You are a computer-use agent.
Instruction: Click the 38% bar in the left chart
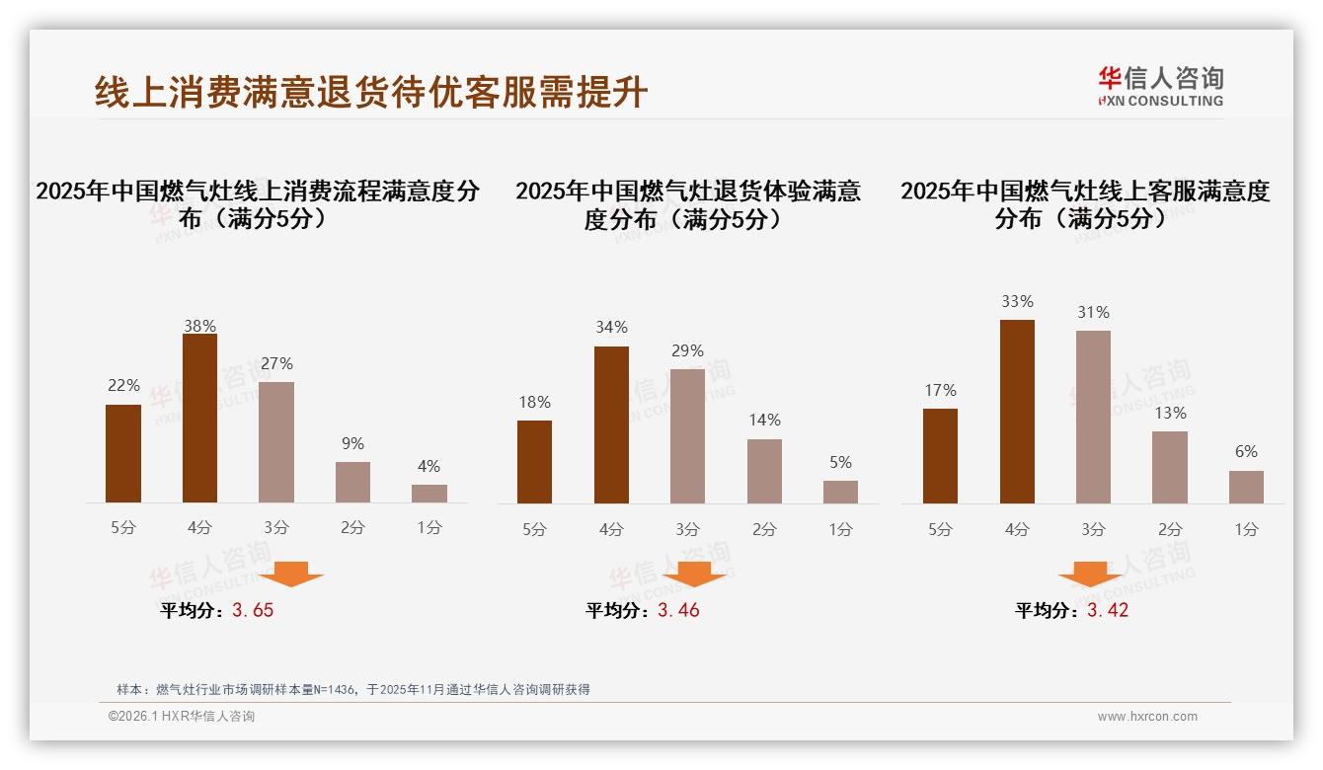pyautogui.click(x=199, y=419)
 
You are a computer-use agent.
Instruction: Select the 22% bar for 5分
pyautogui.click(x=123, y=454)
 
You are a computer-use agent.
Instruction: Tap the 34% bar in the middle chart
pyautogui.click(x=611, y=424)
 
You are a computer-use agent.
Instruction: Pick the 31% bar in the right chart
pyautogui.click(x=1093, y=417)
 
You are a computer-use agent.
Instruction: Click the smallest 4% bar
pyautogui.click(x=429, y=494)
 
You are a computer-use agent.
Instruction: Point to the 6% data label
pyautogui.click(x=1246, y=451)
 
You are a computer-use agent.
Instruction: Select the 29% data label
pyautogui.click(x=687, y=350)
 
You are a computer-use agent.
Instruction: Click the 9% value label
pyautogui.click(x=352, y=443)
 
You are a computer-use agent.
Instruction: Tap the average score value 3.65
pyautogui.click(x=253, y=610)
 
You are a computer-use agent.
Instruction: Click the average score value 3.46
pyautogui.click(x=678, y=610)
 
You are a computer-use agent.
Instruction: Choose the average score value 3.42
pyautogui.click(x=1108, y=610)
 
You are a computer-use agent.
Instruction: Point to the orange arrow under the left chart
pyautogui.click(x=291, y=574)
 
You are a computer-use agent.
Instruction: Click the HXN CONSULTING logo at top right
pyautogui.click(x=1160, y=87)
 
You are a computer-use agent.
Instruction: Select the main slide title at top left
pyautogui.click(x=371, y=92)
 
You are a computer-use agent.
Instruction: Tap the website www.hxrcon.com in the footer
pyautogui.click(x=1147, y=717)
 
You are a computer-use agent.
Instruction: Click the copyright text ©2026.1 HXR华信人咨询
pyautogui.click(x=181, y=717)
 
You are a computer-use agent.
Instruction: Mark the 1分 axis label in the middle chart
pyautogui.click(x=840, y=529)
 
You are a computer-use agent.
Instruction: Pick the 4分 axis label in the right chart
pyautogui.click(x=1017, y=529)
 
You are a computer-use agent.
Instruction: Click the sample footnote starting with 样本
pyautogui.click(x=352, y=689)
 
